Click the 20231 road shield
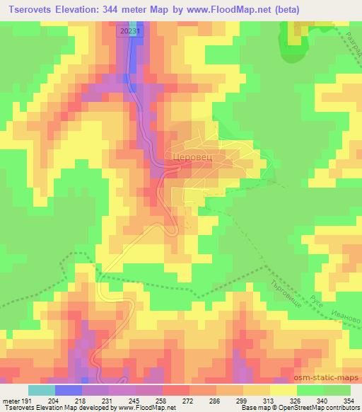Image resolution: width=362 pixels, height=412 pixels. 129,31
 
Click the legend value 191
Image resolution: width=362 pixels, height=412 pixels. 27,400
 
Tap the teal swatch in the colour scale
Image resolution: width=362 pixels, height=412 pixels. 42,390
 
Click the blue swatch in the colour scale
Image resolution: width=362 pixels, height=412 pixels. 69,390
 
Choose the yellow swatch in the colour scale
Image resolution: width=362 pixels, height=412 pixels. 283,390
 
